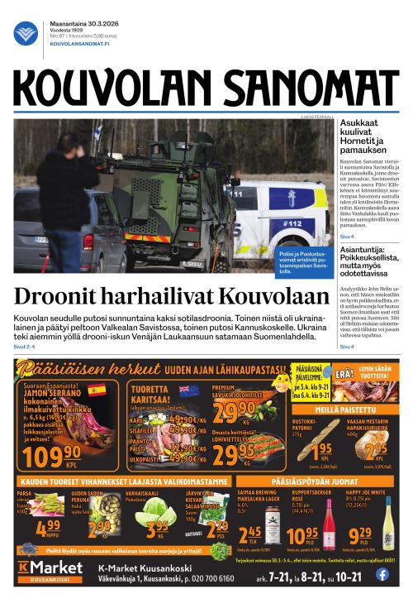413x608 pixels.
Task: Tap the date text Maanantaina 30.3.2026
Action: [x=73, y=22]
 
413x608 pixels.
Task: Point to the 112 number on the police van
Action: [x=295, y=223]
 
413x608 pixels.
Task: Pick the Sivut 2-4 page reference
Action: [x=26, y=347]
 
